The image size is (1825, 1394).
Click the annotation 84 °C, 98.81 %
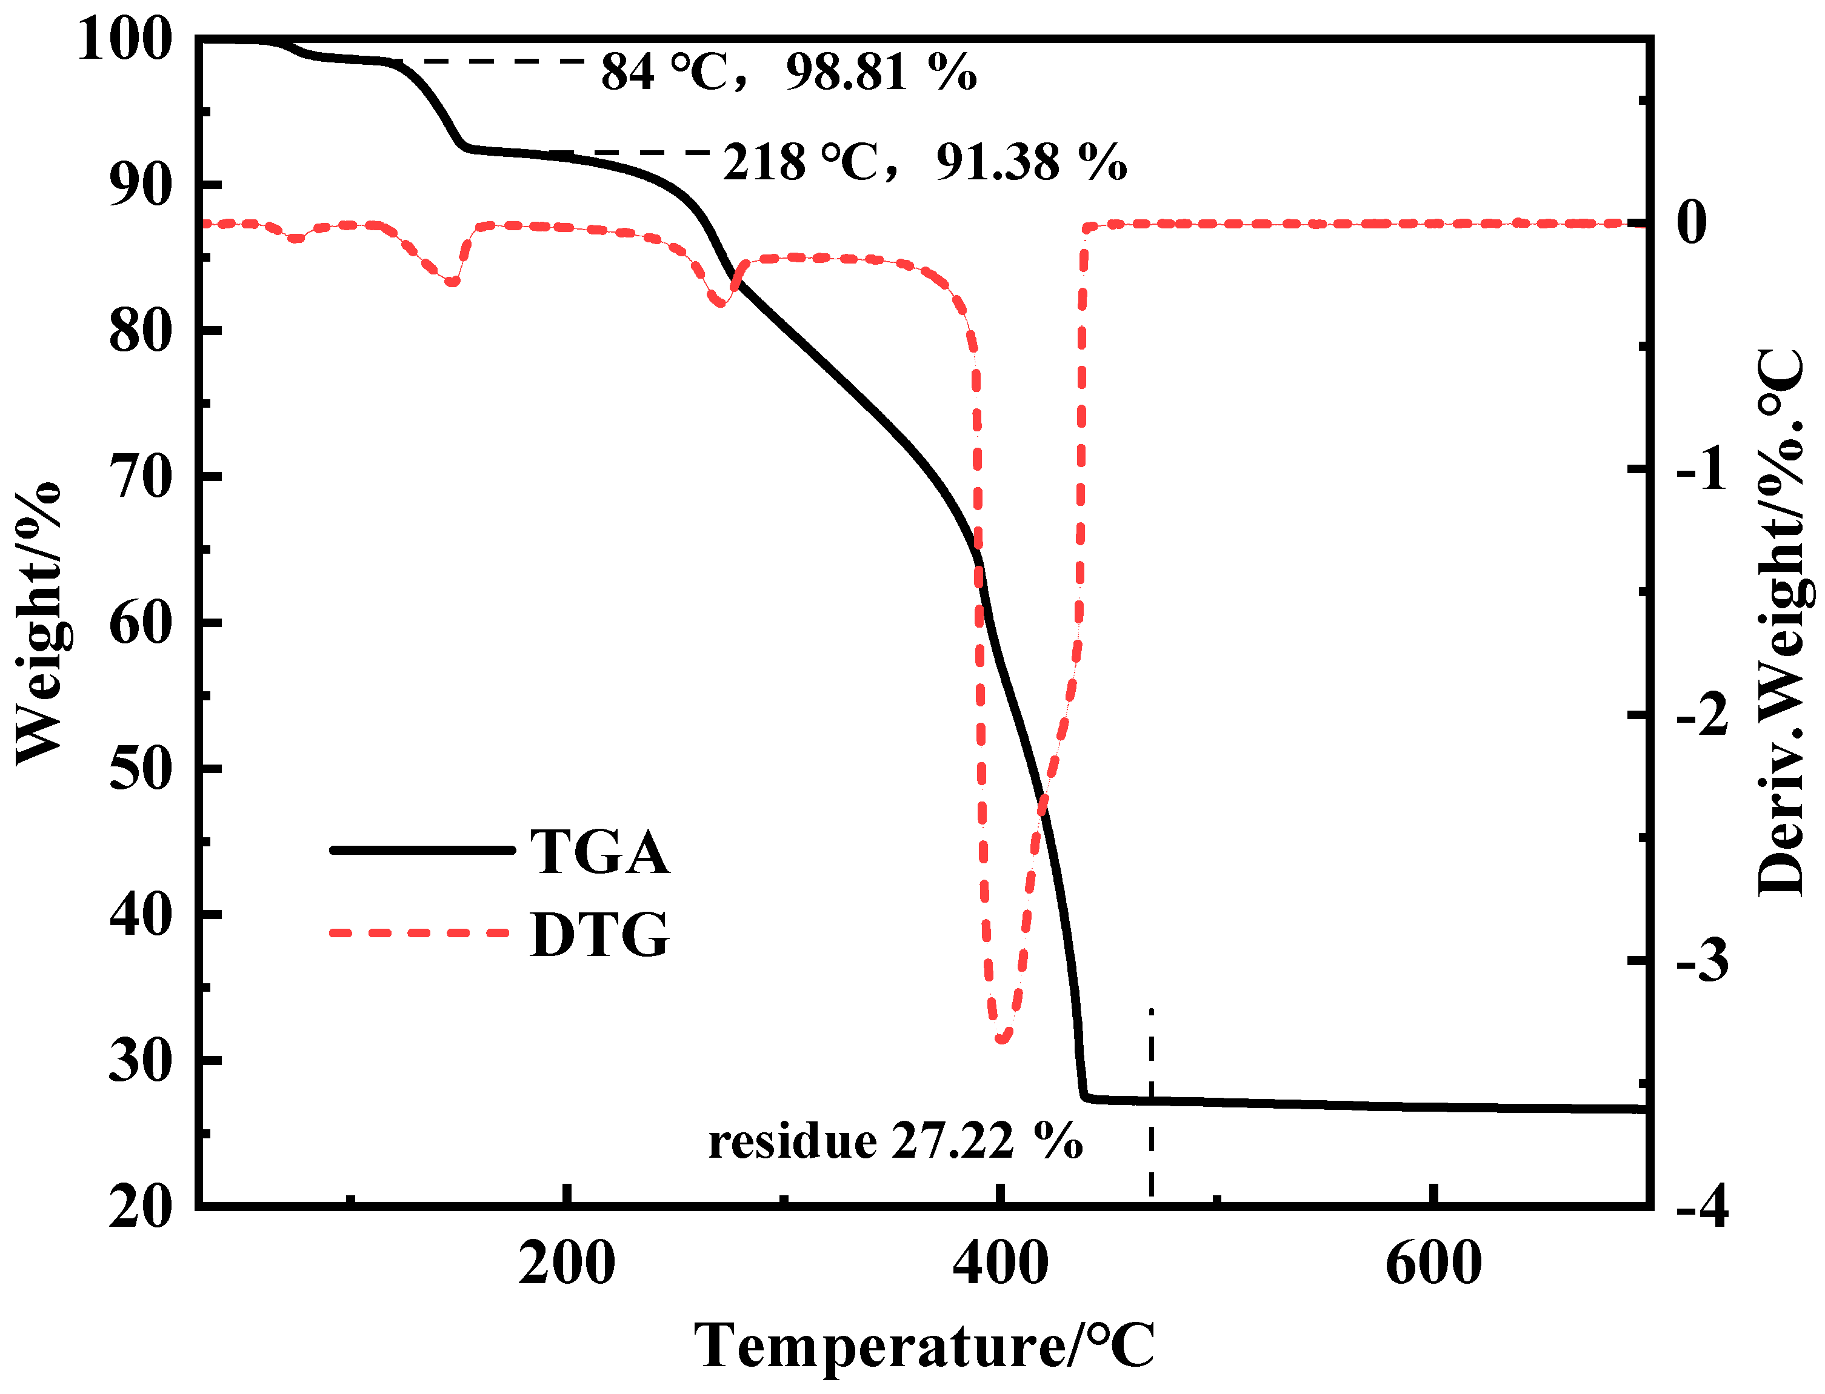click(x=789, y=72)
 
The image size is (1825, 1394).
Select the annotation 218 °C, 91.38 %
click(x=924, y=162)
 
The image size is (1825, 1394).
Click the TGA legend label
click(x=599, y=852)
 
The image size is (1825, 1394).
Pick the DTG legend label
click(x=599, y=934)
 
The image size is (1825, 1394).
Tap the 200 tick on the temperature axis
click(x=566, y=1264)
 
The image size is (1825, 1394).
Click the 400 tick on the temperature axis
click(x=1000, y=1264)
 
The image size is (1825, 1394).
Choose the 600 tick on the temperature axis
click(x=1433, y=1264)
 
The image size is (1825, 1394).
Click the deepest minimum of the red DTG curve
click(x=1003, y=1038)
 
